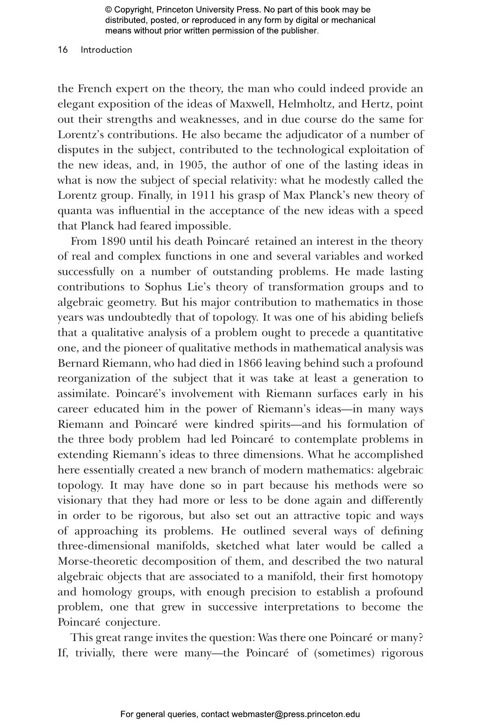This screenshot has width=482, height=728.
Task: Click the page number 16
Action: coord(63,50)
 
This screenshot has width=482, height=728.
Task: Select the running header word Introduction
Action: coord(106,50)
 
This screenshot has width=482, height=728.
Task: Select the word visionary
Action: coord(81,501)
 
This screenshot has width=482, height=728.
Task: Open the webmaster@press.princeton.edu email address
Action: coord(295,715)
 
